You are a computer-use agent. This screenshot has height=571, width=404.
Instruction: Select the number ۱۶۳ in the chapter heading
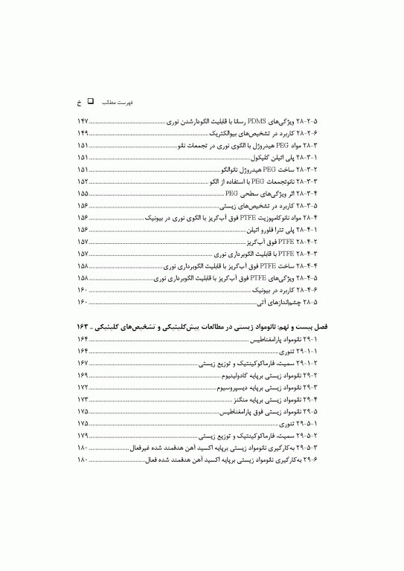[x=83, y=327]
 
